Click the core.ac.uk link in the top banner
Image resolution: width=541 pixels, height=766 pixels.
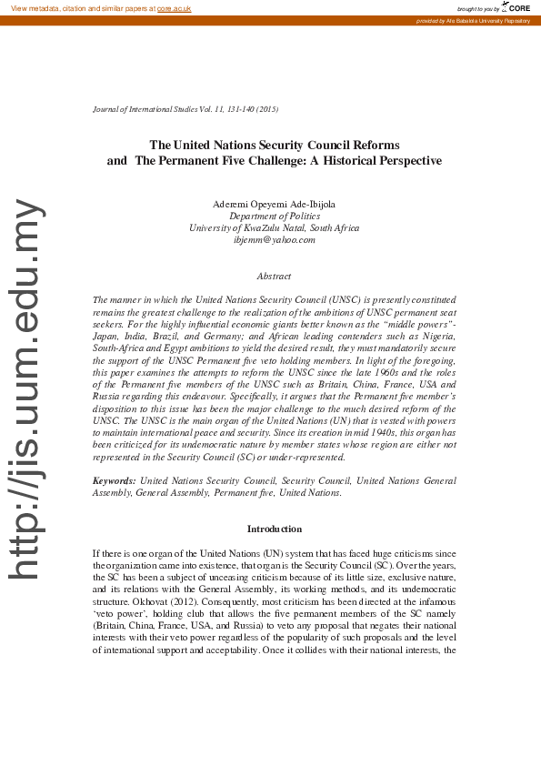(x=174, y=7)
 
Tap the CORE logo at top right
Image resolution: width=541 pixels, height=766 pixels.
(x=516, y=7)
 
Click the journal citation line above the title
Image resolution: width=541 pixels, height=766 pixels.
(x=185, y=109)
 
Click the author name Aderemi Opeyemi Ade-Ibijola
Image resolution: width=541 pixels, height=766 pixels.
(x=274, y=205)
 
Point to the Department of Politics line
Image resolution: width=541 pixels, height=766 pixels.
(x=274, y=217)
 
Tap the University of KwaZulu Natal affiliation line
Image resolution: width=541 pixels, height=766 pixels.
(x=274, y=228)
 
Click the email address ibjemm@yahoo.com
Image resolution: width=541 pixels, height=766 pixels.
(x=274, y=240)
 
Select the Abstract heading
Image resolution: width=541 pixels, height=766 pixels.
(x=274, y=275)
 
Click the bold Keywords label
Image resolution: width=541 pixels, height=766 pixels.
(x=115, y=479)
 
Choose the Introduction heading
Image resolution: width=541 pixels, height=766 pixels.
(x=274, y=529)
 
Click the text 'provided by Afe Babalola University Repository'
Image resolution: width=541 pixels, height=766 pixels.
(x=472, y=20)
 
